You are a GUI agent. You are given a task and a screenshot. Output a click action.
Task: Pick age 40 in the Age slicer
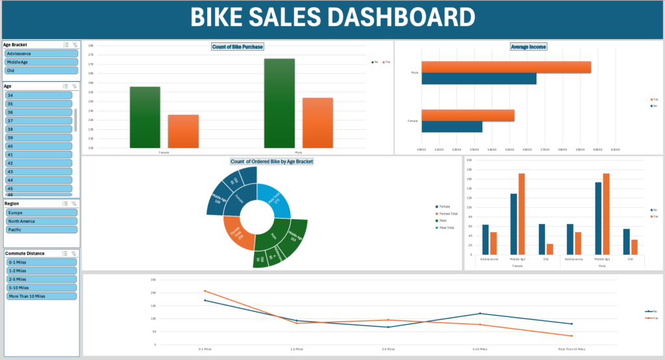38,146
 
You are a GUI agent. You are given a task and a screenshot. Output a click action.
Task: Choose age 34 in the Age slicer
38,96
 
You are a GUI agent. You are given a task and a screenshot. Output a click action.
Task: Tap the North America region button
40,221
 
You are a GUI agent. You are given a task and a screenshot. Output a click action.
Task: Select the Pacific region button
40,229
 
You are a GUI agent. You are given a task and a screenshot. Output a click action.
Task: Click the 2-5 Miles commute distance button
40,279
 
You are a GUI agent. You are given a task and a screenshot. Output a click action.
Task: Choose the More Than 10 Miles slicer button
40,296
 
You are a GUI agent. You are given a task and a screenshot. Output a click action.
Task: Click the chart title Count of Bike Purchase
238,47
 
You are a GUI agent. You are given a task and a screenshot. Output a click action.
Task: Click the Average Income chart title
528,47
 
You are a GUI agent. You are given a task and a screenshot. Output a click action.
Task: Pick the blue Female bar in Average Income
451,127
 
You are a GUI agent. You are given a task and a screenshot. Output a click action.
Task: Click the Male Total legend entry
445,227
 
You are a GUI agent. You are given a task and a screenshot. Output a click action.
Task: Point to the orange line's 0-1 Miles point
205,291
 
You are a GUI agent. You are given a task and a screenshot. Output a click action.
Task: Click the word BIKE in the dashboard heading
221,18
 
